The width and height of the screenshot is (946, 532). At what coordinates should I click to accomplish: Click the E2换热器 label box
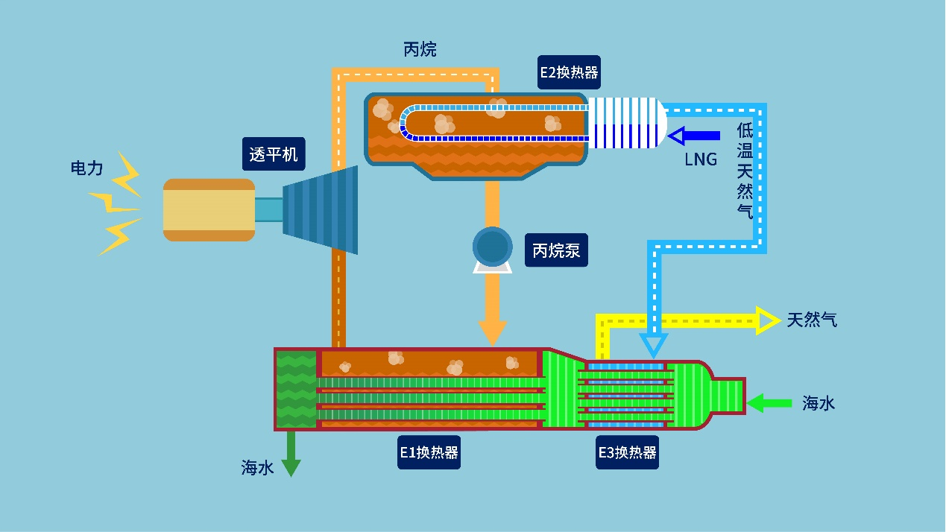570,72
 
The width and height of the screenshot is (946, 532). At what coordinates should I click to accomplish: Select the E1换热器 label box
429,452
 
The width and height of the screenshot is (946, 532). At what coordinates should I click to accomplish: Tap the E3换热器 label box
627,452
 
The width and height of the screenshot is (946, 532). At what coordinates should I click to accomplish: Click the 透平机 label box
274,154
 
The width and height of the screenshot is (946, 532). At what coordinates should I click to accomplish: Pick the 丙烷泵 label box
555,250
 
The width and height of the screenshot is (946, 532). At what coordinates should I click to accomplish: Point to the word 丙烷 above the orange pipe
420,50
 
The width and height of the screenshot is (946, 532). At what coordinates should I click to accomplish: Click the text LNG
701,159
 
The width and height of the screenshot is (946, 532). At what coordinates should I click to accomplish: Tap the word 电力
86,168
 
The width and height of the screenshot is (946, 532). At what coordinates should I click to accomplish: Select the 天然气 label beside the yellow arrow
812,320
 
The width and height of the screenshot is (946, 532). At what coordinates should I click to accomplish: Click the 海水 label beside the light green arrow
819,404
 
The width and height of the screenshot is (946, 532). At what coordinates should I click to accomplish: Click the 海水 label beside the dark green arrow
257,468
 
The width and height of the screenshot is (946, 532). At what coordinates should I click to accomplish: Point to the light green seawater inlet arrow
769,403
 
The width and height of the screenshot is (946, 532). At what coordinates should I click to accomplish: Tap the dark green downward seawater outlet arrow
291,455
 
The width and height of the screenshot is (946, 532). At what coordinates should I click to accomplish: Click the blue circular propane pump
492,247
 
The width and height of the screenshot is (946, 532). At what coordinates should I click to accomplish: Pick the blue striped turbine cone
321,209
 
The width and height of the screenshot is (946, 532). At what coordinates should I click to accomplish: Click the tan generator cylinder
209,209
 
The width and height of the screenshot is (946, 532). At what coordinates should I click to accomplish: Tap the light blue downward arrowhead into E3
654,344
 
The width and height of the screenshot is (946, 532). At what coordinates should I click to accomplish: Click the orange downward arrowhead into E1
492,332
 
